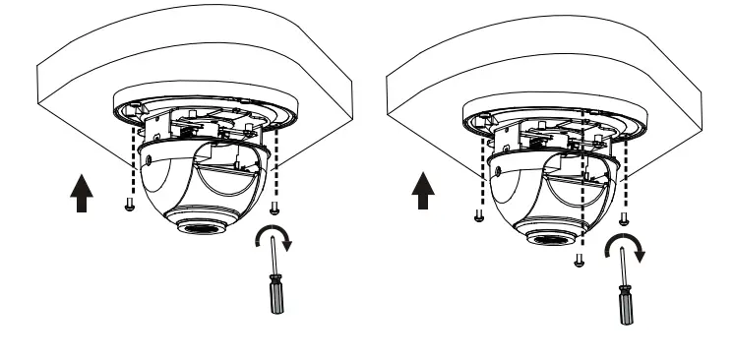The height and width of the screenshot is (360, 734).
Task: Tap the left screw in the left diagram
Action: click(129, 206)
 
